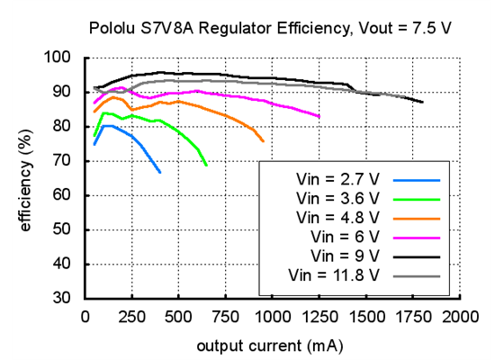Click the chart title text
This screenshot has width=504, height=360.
click(270, 28)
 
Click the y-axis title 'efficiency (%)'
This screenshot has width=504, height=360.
click(26, 178)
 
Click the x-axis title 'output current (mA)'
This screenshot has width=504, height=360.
click(270, 345)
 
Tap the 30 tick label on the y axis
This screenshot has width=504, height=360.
click(61, 299)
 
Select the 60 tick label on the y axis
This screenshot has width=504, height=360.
click(61, 195)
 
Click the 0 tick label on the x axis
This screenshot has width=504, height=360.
click(85, 317)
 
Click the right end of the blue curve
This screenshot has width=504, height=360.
click(160, 172)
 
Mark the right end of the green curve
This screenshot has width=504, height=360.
click(207, 166)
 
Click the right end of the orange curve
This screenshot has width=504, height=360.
click(264, 141)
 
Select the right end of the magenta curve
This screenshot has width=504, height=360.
click(319, 116)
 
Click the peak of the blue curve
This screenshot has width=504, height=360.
click(107, 126)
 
